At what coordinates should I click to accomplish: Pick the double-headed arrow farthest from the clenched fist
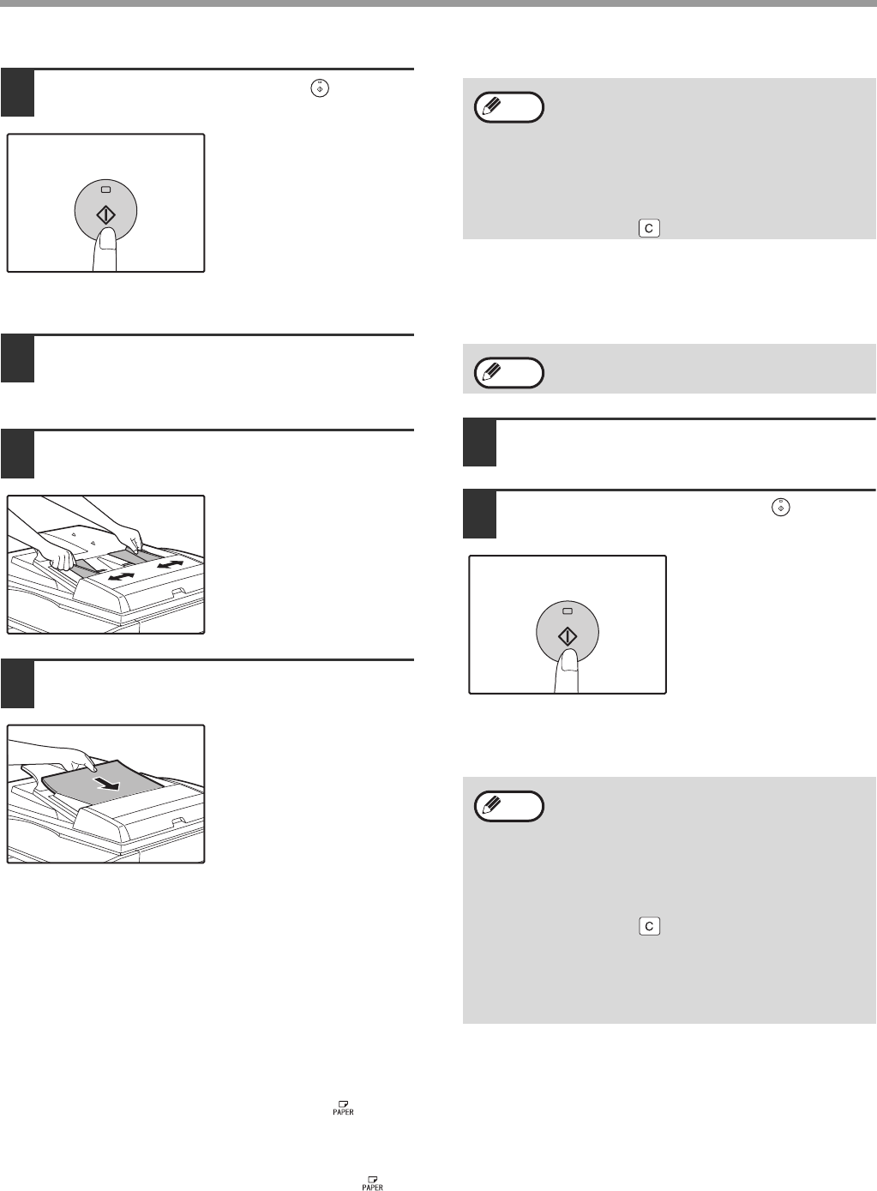[170, 563]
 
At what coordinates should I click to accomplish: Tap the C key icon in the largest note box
[649, 927]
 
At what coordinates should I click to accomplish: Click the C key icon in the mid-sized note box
[649, 229]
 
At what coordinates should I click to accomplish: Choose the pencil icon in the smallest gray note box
[491, 371]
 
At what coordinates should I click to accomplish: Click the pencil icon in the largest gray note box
[491, 805]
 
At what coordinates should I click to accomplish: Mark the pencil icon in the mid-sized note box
[491, 105]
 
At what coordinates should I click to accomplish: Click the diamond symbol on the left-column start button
[105, 215]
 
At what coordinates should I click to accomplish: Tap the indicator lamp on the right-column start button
[568, 611]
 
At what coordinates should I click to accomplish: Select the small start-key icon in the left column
[320, 88]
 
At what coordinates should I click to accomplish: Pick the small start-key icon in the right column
[780, 508]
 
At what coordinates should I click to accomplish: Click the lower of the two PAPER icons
[373, 1183]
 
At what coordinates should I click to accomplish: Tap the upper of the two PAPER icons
[344, 1108]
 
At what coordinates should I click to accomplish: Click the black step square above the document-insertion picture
[17, 683]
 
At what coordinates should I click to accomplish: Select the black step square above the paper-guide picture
[17, 454]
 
